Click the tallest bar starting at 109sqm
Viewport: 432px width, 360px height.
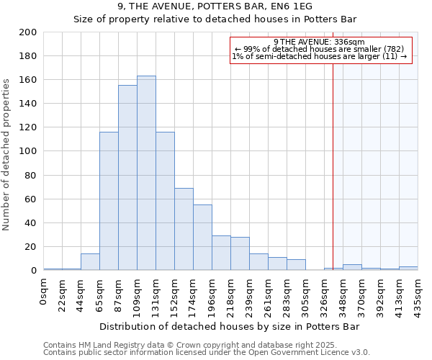[146, 173]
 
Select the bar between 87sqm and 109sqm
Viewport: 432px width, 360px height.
[127, 178]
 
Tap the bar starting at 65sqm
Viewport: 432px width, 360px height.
[109, 201]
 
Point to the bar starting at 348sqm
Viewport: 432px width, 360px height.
[352, 267]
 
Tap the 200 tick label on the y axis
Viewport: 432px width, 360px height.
[29, 32]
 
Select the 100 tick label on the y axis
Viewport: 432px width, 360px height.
[29, 151]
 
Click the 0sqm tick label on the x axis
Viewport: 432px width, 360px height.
[44, 292]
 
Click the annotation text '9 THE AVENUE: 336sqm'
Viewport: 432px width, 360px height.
[320, 42]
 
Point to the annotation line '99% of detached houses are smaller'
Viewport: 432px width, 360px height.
[320, 49]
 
